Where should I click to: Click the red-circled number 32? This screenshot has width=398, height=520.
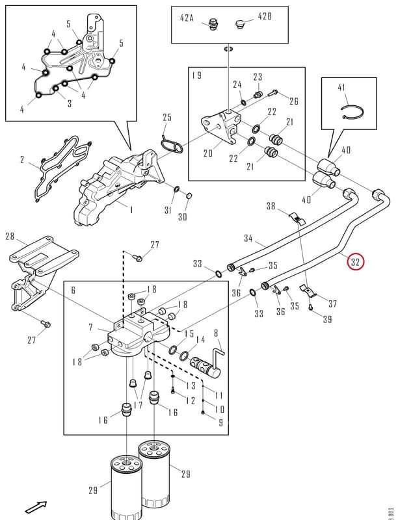click(355, 262)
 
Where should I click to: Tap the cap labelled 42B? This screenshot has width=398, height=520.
click(240, 24)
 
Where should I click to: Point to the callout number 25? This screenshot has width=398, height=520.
click(167, 118)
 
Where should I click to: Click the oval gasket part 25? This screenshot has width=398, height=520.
click(171, 146)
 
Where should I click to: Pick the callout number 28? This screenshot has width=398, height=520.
click(10, 236)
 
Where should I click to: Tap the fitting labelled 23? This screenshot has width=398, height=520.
click(258, 94)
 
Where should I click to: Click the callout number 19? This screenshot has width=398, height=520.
click(196, 75)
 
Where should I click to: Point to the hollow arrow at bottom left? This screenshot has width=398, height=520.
click(36, 506)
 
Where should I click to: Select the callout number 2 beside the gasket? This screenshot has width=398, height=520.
click(22, 160)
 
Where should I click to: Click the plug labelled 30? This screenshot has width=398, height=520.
click(189, 196)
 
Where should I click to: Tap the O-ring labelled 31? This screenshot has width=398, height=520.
click(177, 190)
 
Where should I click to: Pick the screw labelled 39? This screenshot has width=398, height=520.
click(310, 307)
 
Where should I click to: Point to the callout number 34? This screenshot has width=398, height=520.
click(248, 238)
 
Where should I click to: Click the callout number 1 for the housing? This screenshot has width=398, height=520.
click(131, 209)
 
